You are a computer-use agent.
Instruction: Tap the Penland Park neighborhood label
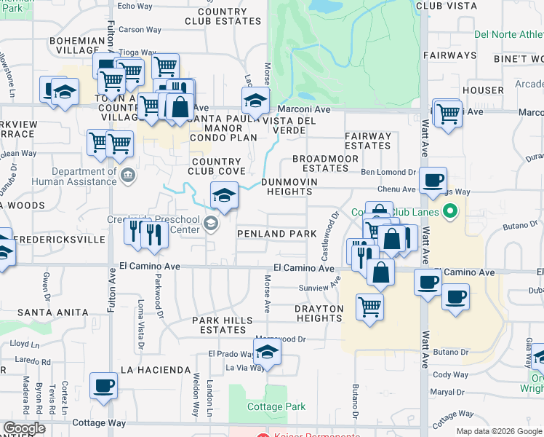[277, 234]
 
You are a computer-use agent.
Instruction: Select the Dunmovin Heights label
[287, 186]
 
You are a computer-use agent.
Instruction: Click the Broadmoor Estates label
[325, 163]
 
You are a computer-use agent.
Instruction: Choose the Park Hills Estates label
[223, 325]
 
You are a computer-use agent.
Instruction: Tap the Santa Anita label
[53, 312]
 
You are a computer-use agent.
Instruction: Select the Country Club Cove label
[216, 166]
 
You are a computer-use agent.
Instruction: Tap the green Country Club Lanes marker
[450, 212]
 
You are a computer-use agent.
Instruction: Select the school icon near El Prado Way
[268, 352]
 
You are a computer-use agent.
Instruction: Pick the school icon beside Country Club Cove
[224, 194]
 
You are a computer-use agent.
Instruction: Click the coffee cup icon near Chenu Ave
[433, 179]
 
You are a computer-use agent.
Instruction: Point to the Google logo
[24, 428]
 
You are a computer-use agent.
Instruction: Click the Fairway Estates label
[368, 141]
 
